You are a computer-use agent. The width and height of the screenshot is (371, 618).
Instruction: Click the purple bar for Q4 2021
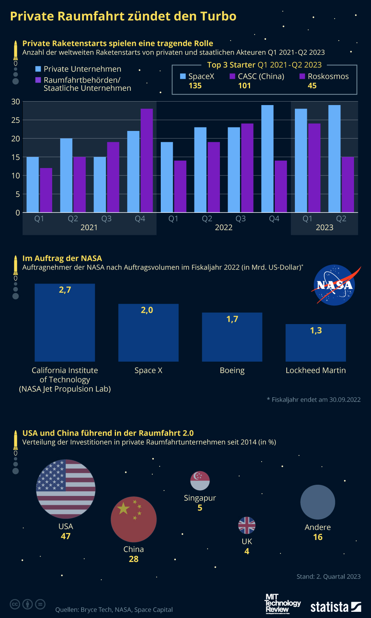coord(146,160)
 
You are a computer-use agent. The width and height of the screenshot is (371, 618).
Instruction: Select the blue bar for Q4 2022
coord(267,158)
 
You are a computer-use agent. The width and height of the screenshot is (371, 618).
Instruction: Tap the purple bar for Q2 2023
coord(348,184)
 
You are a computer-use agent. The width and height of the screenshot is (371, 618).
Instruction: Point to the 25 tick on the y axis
coord(15,120)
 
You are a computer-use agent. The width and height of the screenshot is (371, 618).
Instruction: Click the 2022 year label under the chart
coord(223,228)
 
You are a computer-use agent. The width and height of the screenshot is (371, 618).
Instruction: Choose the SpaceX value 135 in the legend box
coord(195,86)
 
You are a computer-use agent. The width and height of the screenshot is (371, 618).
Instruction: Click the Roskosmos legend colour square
coord(302,76)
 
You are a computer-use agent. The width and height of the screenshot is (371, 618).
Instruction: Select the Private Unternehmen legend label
coord(82,69)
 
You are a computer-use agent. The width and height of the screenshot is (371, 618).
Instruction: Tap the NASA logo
coord(335,285)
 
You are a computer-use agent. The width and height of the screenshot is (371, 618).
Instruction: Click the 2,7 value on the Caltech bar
coord(65,290)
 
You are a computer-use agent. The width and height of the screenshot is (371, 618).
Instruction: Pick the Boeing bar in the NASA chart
coord(232,337)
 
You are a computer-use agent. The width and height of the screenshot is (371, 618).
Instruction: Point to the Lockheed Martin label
coord(315,370)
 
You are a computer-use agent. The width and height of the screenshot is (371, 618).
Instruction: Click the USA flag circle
coord(66,489)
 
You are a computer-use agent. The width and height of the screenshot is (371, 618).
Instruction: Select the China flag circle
coord(134,519)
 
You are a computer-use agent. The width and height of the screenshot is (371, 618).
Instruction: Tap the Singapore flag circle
coord(200,481)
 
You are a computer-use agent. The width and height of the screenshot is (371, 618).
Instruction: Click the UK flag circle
coord(247,525)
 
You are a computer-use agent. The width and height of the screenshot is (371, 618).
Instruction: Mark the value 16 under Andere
coord(318,537)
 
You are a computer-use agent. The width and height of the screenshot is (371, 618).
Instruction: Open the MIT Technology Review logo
coord(282,603)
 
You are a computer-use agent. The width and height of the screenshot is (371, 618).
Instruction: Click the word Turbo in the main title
coord(218,16)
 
